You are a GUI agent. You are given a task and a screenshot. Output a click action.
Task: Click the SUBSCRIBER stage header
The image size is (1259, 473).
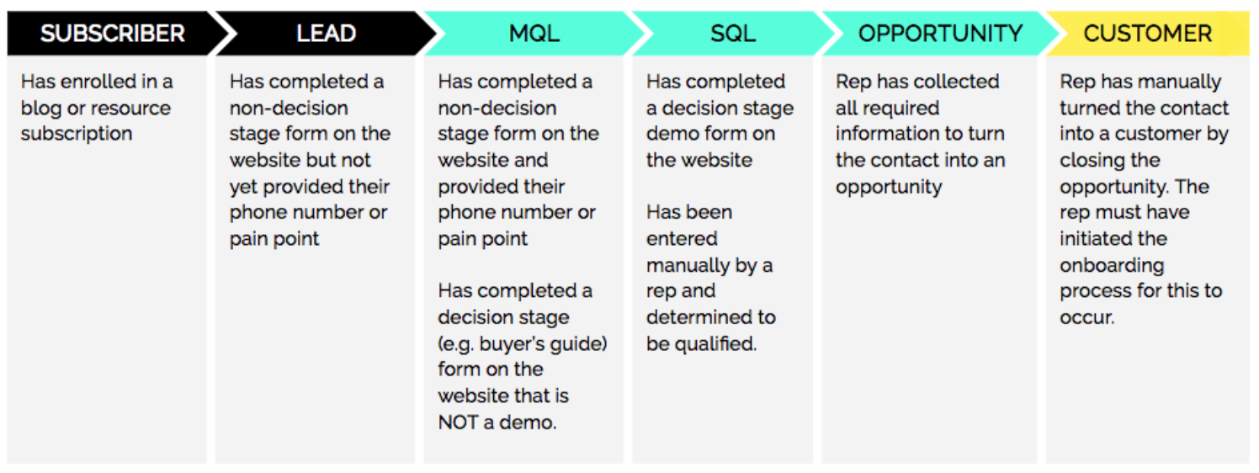click(113, 33)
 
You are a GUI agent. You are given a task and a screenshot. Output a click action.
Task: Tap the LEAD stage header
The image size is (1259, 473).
click(326, 33)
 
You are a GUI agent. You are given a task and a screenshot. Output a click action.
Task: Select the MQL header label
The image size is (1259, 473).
click(534, 33)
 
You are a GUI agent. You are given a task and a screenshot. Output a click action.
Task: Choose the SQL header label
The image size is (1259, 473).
click(732, 33)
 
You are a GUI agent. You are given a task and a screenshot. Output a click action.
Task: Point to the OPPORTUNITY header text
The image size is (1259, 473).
click(940, 33)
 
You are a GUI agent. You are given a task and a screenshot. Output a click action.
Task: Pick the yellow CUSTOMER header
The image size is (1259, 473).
click(1147, 33)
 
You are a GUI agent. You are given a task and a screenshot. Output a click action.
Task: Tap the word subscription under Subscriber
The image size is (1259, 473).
click(77, 135)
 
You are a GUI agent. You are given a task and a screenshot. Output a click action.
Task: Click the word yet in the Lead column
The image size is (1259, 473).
click(243, 188)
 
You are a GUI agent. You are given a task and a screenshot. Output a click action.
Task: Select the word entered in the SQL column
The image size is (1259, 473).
click(682, 239)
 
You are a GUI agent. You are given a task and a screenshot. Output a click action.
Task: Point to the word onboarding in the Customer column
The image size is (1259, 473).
click(1112, 265)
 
